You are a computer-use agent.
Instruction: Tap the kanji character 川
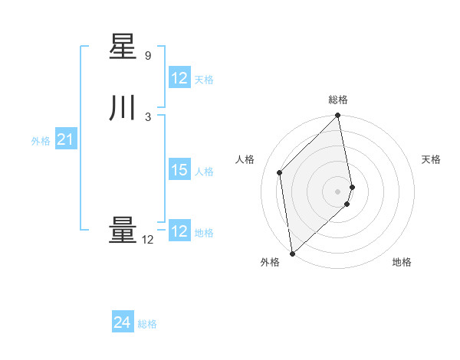[x=123, y=109]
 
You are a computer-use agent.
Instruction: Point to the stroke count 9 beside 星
[x=148, y=56]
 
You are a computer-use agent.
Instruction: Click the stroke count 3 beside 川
[x=148, y=116]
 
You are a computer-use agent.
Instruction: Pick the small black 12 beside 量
[x=148, y=240]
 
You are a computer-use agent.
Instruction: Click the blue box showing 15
[x=179, y=170]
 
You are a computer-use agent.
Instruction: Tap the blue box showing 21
[x=66, y=139]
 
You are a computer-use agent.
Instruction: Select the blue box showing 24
[x=123, y=323]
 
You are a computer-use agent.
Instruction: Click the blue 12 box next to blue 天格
[x=179, y=78]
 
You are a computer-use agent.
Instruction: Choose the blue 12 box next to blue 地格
[x=179, y=231]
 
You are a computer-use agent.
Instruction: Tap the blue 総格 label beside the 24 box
[x=147, y=324]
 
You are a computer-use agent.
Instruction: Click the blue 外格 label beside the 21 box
[x=41, y=140]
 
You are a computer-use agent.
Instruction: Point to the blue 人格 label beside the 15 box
[x=204, y=171]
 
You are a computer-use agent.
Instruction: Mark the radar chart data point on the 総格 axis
[x=338, y=116]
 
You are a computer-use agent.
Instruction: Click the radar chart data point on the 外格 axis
[x=292, y=253]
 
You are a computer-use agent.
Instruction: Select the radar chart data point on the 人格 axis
[x=280, y=172]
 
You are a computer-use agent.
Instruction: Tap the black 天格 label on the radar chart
[x=431, y=159]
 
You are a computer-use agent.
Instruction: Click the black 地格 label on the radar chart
[x=402, y=262]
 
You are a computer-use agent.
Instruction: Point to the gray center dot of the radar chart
[x=338, y=191]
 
